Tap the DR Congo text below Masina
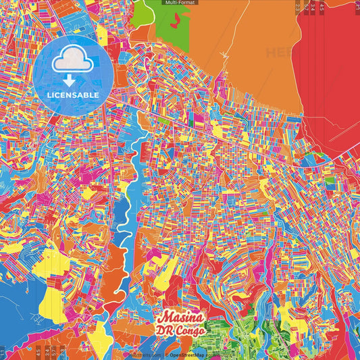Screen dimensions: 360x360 click(x=182, y=332)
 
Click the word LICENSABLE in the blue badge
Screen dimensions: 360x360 click(x=73, y=95)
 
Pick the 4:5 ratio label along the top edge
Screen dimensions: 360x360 click(x=322, y=8)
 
